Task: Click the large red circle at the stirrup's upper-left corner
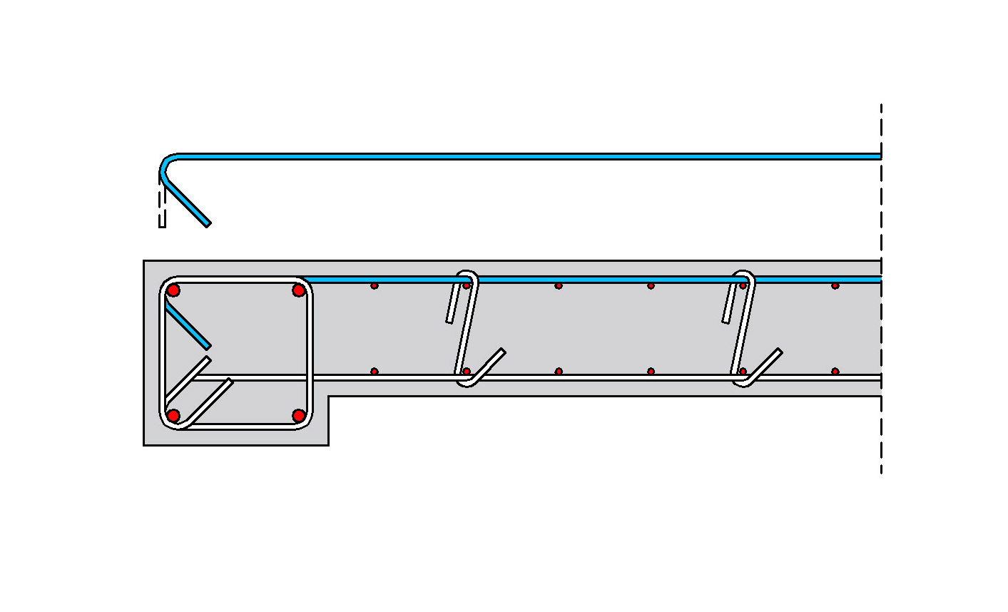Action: pos(173,290)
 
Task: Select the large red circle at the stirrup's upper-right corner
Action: pos(299,290)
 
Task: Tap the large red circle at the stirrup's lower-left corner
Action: pos(173,415)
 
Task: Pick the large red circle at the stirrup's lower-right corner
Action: pos(299,415)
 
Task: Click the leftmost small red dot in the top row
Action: pos(375,286)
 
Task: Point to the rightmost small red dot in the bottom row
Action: pos(835,372)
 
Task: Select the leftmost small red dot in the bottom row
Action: pos(375,372)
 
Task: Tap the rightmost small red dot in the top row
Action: pos(835,286)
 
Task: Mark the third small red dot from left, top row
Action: pos(559,286)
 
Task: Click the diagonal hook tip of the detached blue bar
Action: pos(208,224)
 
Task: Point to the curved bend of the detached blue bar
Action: pos(166,163)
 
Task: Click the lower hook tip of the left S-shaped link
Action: pos(502,351)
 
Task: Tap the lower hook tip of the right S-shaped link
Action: pos(779,351)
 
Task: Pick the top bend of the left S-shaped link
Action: pos(469,274)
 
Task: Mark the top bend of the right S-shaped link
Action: pos(745,274)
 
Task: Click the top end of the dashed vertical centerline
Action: pos(881,106)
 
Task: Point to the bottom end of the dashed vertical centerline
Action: pos(881,471)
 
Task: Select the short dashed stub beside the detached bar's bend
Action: pos(162,207)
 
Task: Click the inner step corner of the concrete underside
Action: pos(329,397)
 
